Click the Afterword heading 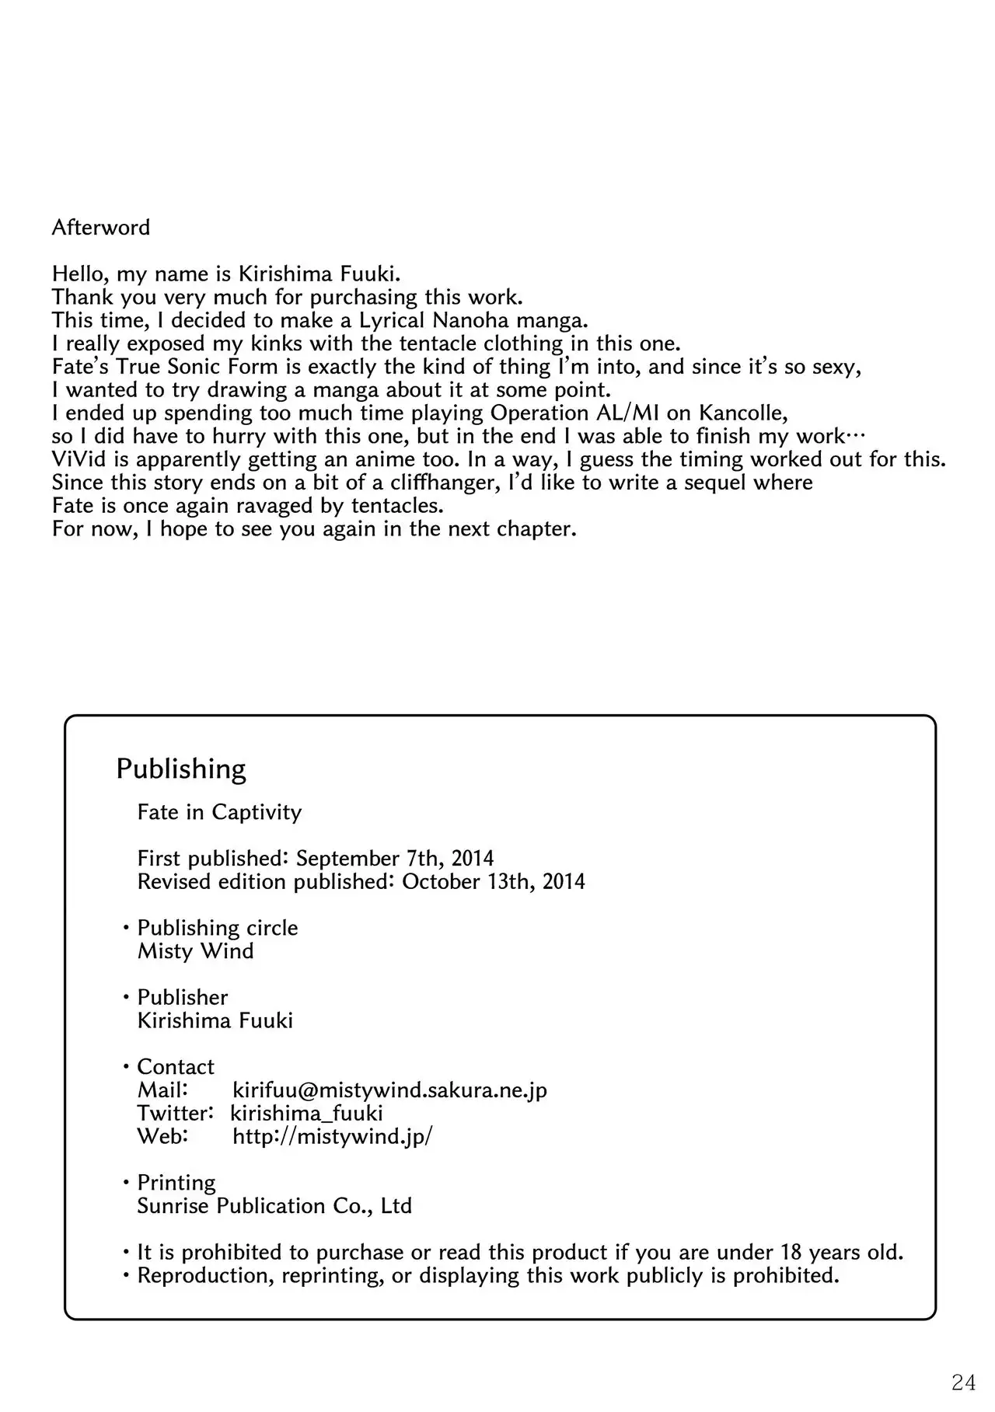(x=101, y=228)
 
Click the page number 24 (x=963, y=1382)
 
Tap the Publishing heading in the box (x=181, y=769)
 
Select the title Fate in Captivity (x=219, y=812)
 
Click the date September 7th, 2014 (x=395, y=859)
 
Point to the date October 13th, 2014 (x=494, y=882)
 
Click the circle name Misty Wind (x=196, y=951)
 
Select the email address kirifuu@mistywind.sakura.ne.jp (x=389, y=1090)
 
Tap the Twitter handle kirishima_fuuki (x=307, y=1114)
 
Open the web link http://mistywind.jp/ (x=333, y=1136)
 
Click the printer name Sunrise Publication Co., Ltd (x=274, y=1206)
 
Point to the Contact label (x=176, y=1067)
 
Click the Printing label (x=176, y=1183)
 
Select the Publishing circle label (x=218, y=928)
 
